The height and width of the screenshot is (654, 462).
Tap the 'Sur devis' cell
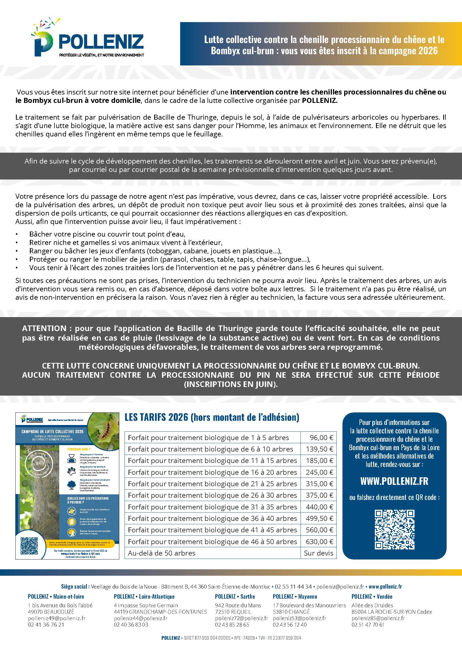click(x=318, y=553)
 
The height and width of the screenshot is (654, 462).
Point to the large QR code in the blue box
click(x=394, y=530)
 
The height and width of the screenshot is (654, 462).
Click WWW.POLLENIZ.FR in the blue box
click(x=394, y=481)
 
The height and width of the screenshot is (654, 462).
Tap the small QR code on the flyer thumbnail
click(x=29, y=546)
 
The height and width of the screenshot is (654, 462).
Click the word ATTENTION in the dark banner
click(x=44, y=329)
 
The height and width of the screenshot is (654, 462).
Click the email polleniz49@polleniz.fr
click(x=57, y=618)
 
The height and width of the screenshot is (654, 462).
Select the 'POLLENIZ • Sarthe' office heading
click(x=235, y=596)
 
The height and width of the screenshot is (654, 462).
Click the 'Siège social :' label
click(x=75, y=587)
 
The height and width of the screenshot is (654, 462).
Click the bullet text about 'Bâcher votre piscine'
click(x=107, y=234)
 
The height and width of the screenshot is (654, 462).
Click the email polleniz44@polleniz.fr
click(x=140, y=618)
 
